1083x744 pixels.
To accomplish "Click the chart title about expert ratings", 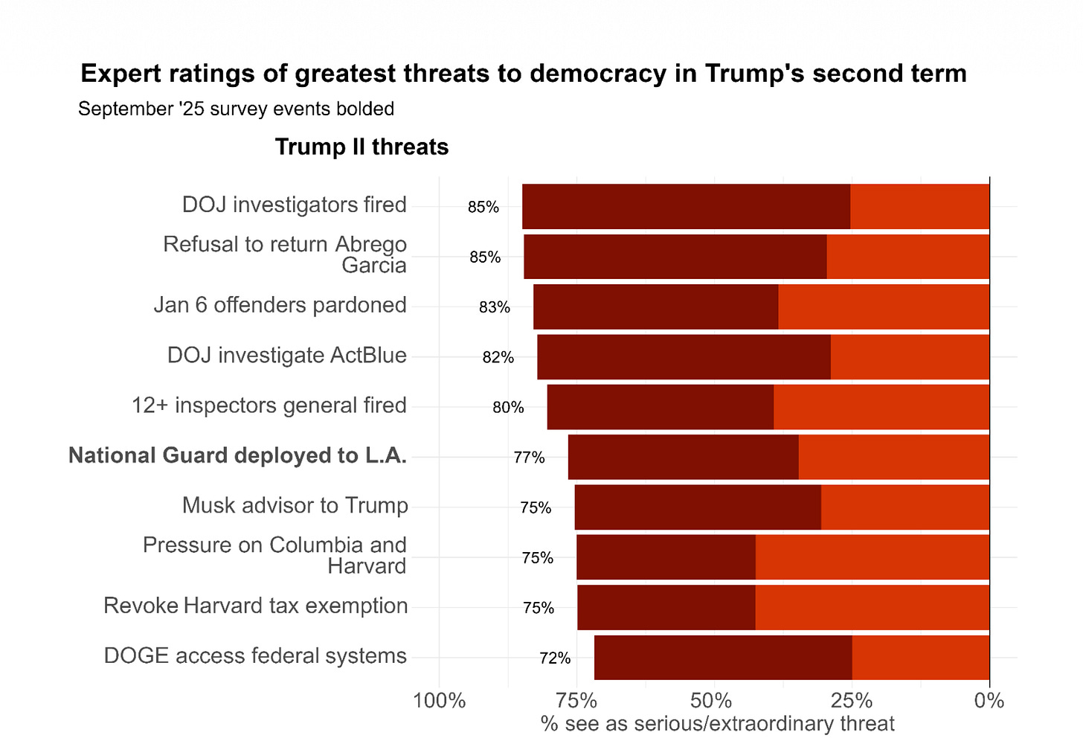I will pos(523,74).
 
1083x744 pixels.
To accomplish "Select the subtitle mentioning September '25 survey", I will pos(236,109).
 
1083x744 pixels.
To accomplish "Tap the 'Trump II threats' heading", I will pos(361,147).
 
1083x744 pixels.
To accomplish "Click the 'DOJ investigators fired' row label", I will pos(294,205).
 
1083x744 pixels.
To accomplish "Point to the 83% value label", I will pos(494,307).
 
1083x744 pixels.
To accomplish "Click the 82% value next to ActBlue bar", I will pos(498,357).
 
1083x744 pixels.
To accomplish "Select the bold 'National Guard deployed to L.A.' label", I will pos(237,455).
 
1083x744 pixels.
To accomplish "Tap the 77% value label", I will pos(529,458).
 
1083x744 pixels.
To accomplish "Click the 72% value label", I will pos(555,658).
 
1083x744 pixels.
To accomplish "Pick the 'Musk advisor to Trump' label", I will pos(295,506).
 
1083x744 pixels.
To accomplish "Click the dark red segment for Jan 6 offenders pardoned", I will pos(655,307).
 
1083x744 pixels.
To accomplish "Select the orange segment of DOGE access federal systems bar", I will pos(921,657).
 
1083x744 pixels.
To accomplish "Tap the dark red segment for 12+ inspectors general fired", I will pos(660,407).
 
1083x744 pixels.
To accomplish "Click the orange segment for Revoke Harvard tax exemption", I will pos(872,607).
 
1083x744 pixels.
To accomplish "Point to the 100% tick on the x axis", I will pos(439,701).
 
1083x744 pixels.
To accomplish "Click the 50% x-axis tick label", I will pos(712,701).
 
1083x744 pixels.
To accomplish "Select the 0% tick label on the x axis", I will pos(989,701).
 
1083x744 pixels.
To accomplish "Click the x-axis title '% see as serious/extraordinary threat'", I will pos(717,724).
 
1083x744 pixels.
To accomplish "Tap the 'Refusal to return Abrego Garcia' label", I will pos(285,254).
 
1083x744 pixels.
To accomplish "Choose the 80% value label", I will pos(508,408).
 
